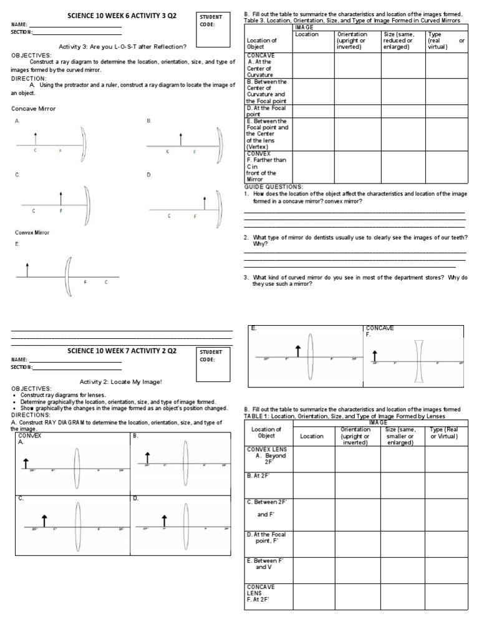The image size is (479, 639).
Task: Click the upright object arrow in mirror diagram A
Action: (36, 139)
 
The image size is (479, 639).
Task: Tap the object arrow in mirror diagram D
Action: (204, 202)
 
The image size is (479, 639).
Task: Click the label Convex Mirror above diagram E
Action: (32, 233)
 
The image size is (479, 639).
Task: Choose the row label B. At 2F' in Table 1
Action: (259, 475)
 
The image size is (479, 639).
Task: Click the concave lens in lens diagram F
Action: (419, 361)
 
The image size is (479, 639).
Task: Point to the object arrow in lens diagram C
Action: (44, 520)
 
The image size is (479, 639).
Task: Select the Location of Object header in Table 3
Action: (262, 43)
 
